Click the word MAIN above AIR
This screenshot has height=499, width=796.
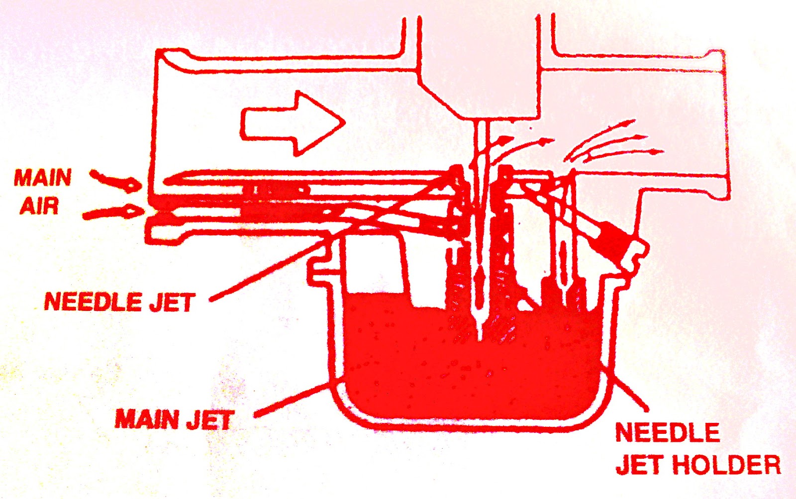pyautogui.click(x=43, y=178)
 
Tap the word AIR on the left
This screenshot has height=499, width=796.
pyautogui.click(x=39, y=206)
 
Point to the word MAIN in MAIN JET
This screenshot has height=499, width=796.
pyautogui.click(x=147, y=419)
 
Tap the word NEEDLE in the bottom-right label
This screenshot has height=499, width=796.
pyautogui.click(x=668, y=432)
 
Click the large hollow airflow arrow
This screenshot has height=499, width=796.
pyautogui.click(x=293, y=123)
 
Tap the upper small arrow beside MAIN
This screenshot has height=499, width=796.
pyautogui.click(x=115, y=181)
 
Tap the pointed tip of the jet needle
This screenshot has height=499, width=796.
pyautogui.click(x=481, y=338)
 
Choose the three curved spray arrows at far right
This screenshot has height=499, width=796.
pyautogui.click(x=613, y=144)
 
